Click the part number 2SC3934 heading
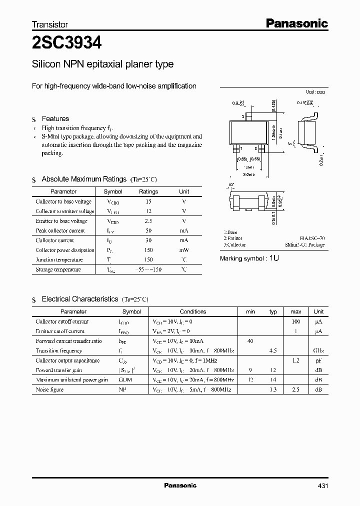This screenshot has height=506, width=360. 66,43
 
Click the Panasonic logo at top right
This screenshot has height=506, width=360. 295,23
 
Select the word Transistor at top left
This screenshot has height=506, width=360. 49,24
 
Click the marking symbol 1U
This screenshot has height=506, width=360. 274,258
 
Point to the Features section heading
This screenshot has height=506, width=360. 55,119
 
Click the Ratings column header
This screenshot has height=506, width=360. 148,191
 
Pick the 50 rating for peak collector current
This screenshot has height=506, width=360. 148,231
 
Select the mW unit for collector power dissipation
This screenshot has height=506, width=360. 184,250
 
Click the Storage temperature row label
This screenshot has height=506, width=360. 58,269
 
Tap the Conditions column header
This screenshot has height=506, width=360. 192,311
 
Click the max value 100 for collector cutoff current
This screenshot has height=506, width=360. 295,321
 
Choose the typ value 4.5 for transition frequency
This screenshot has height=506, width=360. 273,350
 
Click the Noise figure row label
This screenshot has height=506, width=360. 49,389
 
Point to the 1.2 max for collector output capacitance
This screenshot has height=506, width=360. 295,360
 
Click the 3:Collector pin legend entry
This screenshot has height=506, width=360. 234,245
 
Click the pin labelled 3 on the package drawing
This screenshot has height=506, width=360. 242,116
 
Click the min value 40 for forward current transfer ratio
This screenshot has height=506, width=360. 250,341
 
